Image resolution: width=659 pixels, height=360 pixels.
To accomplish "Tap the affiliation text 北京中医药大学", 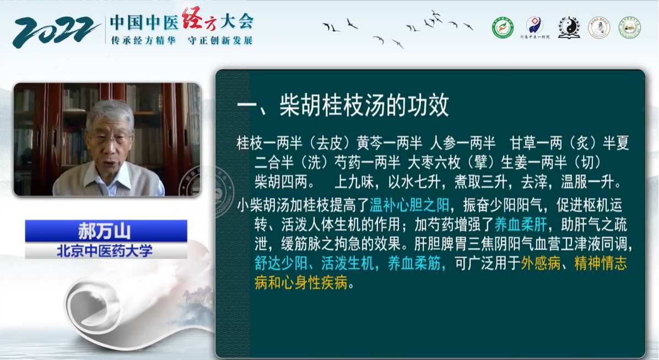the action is click(105, 251).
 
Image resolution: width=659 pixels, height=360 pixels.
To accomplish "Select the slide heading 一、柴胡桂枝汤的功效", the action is click(343, 105).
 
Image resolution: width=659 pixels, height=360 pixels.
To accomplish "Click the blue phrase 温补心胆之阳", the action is click(409, 205).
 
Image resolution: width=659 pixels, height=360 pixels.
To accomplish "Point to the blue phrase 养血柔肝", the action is click(521, 224).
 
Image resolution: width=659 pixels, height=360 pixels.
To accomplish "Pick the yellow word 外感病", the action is click(541, 264).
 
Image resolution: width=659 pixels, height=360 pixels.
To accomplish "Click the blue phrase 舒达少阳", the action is click(281, 264).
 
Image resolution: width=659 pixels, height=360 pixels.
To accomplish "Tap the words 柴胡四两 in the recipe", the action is click(281, 182).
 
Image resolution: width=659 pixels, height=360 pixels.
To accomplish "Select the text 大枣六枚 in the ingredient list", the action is click(434, 162).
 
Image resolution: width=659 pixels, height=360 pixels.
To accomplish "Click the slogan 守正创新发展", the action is click(220, 40).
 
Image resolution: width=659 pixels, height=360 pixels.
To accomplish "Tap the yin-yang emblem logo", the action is click(569, 28).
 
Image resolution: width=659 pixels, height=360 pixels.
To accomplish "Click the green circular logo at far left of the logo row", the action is click(503, 28).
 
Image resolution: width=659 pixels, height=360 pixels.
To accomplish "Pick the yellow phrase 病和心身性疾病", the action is click(301, 283).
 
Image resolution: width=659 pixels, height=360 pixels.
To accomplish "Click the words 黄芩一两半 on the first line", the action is click(390, 143).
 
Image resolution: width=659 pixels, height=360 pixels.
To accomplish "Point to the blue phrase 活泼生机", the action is click(348, 264).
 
